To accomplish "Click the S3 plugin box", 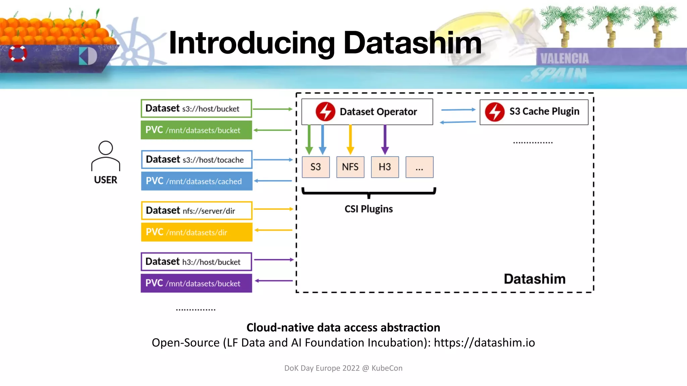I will click(316, 167).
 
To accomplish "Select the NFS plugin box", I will click(350, 167).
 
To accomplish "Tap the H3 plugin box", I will click(385, 167).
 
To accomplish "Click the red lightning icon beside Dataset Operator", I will click(325, 112).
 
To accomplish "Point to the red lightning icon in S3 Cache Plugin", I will click(494, 112).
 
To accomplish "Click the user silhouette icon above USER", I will click(106, 156).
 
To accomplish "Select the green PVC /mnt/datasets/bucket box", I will click(196, 130).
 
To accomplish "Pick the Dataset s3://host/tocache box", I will click(197, 159).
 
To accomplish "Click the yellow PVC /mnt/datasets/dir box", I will click(197, 232).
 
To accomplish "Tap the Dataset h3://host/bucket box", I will click(196, 262).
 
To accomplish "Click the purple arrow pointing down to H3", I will click(385, 139).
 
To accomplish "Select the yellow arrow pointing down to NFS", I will click(350, 139).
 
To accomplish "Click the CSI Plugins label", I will click(368, 209).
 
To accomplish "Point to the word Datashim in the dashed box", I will click(534, 279).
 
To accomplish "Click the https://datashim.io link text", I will click(484, 343).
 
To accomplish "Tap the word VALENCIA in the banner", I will click(565, 59).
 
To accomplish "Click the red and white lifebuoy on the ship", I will click(17, 53).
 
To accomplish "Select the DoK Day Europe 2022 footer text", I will click(343, 368).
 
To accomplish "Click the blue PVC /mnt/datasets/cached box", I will click(197, 181).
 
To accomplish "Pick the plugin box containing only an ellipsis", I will click(419, 167).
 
